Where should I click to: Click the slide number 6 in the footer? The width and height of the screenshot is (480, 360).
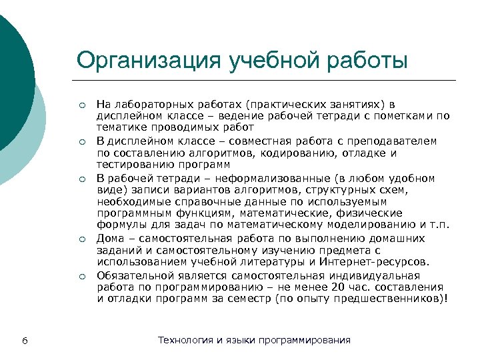tap(24, 341)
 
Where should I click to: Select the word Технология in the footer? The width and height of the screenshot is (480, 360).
tap(184, 340)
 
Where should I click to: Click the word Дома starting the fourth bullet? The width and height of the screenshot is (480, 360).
tap(109, 238)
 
